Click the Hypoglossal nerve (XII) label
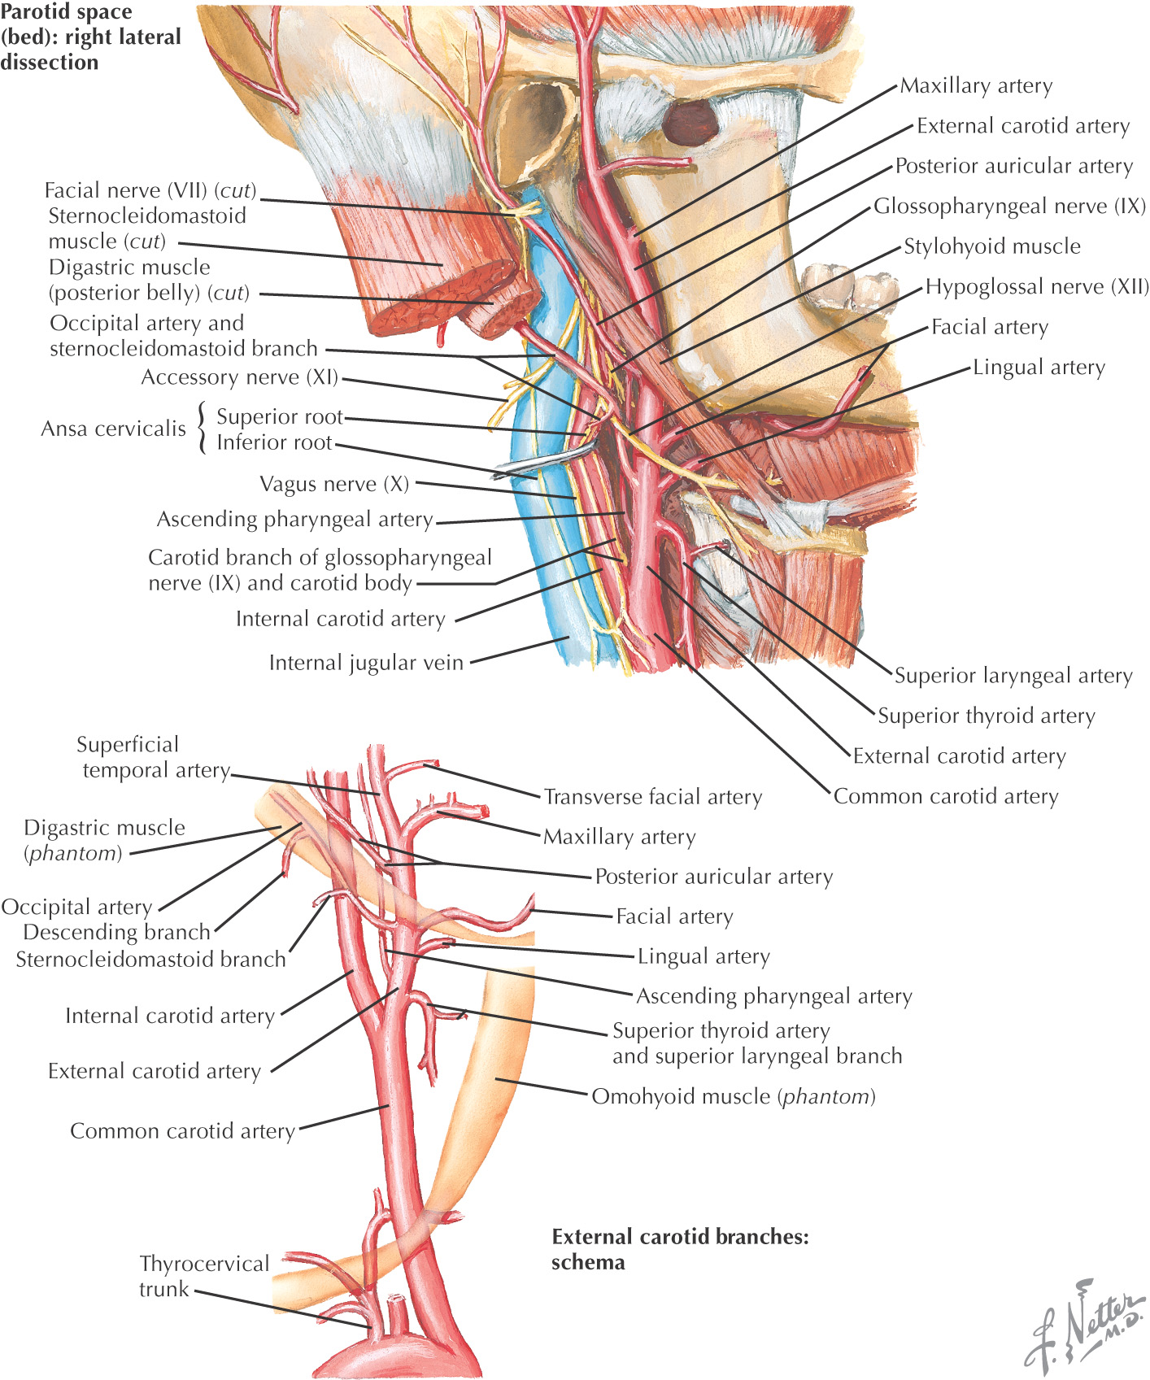1037,287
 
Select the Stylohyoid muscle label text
992,246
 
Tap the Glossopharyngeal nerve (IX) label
1009,207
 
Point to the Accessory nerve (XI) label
240,377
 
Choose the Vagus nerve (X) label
334,485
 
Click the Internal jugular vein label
366,663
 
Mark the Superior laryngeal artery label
1013,676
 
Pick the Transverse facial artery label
653,797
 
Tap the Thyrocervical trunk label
203,1276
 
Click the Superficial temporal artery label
155,757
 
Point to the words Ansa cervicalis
114,429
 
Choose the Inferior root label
274,442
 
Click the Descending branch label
116,932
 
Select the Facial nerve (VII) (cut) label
150,191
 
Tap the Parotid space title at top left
89,37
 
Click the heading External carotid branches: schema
680,1249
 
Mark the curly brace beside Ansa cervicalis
202,429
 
